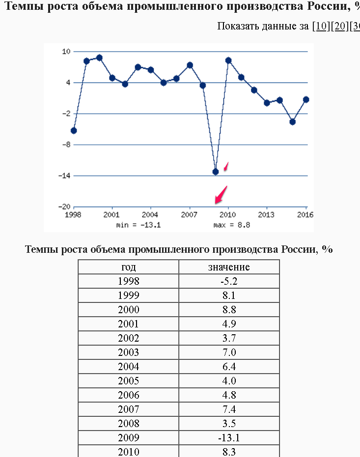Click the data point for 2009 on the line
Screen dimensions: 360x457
click(x=216, y=172)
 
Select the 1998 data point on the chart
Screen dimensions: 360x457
click(x=74, y=131)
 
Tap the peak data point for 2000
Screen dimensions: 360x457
click(x=99, y=58)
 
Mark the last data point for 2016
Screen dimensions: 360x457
click(x=306, y=100)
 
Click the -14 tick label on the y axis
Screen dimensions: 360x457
click(x=64, y=175)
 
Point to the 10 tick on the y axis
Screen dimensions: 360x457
click(x=66, y=52)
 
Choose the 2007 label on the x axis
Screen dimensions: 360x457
click(x=189, y=215)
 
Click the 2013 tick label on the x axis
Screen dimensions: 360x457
click(x=266, y=215)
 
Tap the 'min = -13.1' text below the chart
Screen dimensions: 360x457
click(x=138, y=225)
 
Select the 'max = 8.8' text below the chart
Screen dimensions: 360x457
click(x=232, y=225)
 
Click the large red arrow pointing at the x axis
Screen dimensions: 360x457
click(x=221, y=195)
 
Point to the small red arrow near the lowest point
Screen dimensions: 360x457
click(x=226, y=167)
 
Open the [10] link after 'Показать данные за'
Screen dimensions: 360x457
click(x=321, y=26)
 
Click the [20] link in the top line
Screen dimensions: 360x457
click(x=339, y=26)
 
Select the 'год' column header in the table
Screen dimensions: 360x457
click(x=129, y=267)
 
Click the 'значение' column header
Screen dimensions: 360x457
click(x=229, y=267)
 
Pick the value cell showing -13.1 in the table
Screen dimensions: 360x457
click(x=229, y=438)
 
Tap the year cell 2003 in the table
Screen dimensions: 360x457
click(x=129, y=352)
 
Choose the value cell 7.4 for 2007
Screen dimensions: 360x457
click(x=229, y=409)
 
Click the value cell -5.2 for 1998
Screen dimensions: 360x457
click(x=229, y=281)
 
